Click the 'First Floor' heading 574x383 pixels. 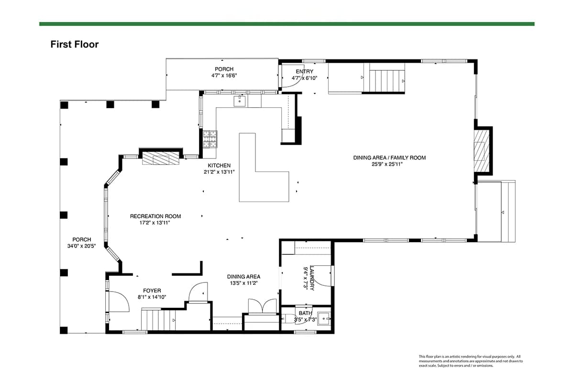[74, 45]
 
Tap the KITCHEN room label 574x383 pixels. [219, 166]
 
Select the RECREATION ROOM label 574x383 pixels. [155, 216]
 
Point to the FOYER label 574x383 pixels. [152, 291]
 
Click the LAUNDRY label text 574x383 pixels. [312, 278]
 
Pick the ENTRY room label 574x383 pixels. [304, 71]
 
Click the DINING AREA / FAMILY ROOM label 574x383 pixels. [389, 158]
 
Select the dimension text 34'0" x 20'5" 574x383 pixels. [81, 246]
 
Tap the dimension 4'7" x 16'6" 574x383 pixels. [224, 76]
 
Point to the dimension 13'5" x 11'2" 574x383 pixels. [243, 283]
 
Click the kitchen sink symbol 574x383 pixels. [240, 101]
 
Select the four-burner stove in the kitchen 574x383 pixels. [210, 139]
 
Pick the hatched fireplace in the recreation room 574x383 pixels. [161, 158]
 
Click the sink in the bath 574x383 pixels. [324, 319]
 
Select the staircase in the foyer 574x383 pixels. [159, 320]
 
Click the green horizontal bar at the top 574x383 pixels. [287, 24]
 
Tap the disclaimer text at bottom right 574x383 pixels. [471, 361]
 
